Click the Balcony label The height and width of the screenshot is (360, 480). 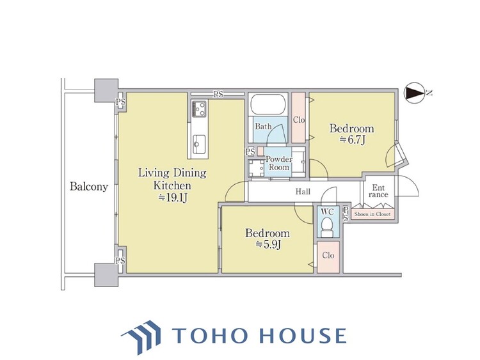point(89,187)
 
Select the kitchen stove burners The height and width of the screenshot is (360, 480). point(199,108)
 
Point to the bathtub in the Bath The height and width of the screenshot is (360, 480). point(268,105)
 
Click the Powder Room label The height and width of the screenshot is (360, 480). point(279,163)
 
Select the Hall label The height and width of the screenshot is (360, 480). point(303,192)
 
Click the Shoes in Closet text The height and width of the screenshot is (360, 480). point(372,214)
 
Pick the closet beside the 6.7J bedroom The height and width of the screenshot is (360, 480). point(298,118)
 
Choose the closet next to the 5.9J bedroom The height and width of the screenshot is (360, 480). point(328,257)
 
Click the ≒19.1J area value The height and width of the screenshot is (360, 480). point(173,198)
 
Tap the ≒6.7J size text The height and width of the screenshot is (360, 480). point(352,140)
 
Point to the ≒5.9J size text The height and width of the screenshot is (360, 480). point(268,245)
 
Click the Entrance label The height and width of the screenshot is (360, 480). point(378,191)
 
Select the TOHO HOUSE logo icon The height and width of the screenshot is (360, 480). point(141,336)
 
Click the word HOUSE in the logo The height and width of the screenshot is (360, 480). point(303,336)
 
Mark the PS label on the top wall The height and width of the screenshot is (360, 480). point(218,95)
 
